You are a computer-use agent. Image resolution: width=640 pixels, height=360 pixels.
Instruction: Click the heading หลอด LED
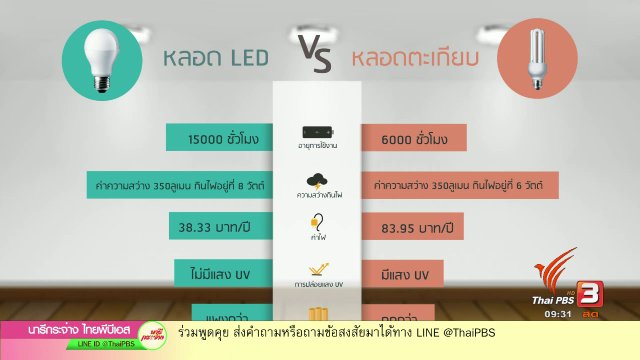point(217,59)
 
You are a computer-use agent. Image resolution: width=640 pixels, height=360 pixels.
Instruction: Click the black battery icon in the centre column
point(317,133)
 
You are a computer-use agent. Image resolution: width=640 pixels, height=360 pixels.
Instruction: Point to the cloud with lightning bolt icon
point(317,181)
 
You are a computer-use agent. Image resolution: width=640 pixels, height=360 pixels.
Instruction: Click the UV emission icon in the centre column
point(317,267)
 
